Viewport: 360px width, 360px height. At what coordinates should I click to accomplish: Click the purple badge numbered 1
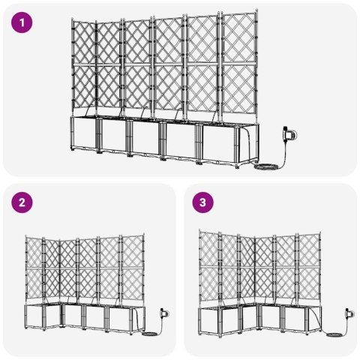(x=25, y=22)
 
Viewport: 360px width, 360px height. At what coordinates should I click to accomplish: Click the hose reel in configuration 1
(x=288, y=135)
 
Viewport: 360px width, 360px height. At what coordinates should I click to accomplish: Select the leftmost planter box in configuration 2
(x=35, y=318)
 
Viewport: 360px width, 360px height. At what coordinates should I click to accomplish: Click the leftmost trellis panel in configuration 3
(x=211, y=266)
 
